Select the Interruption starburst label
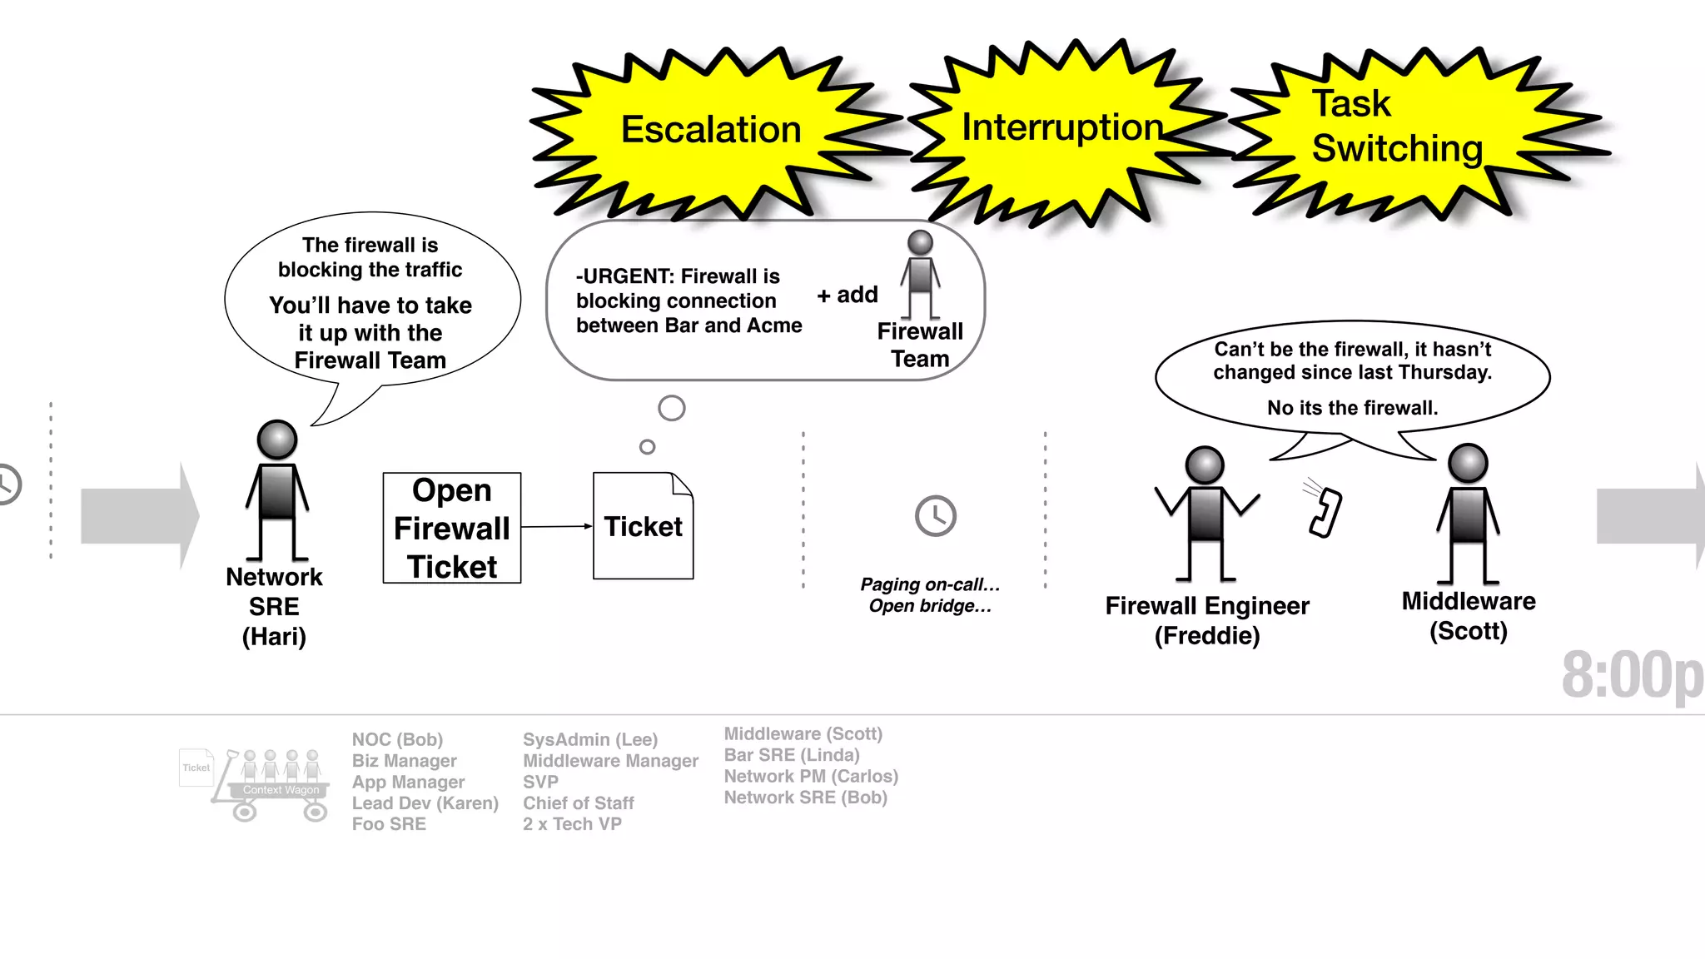1061,128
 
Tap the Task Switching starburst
1396,127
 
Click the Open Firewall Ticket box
452,528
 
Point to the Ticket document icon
643,526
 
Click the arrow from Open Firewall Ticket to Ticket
556,526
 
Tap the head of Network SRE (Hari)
277,440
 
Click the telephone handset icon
1324,511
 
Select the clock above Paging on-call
936,516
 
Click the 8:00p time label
1632,675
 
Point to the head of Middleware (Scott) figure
1468,463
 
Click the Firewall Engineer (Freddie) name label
1207,620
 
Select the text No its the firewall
1352,408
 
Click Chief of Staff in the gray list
578,803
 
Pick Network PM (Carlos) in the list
811,776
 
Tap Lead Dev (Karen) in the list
425,803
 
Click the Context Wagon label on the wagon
281,790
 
